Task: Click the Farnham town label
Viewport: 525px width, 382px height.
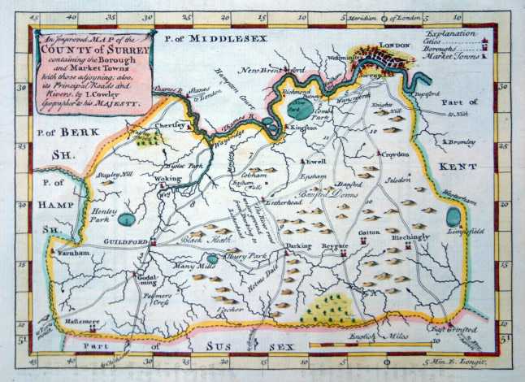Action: click(76, 254)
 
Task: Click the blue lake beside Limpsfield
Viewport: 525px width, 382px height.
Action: click(452, 217)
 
